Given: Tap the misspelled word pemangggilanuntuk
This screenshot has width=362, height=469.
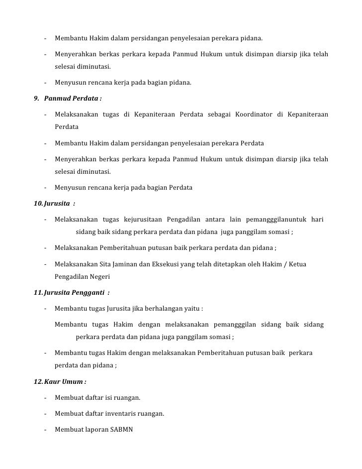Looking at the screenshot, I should [271, 220].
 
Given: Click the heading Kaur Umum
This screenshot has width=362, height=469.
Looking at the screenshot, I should [64, 382].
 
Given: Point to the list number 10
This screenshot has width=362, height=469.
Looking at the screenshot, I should [38, 203].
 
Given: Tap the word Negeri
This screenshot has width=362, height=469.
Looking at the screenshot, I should [98, 277].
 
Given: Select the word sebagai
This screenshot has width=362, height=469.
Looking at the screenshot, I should [219, 115].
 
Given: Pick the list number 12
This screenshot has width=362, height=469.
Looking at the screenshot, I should [38, 382].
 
